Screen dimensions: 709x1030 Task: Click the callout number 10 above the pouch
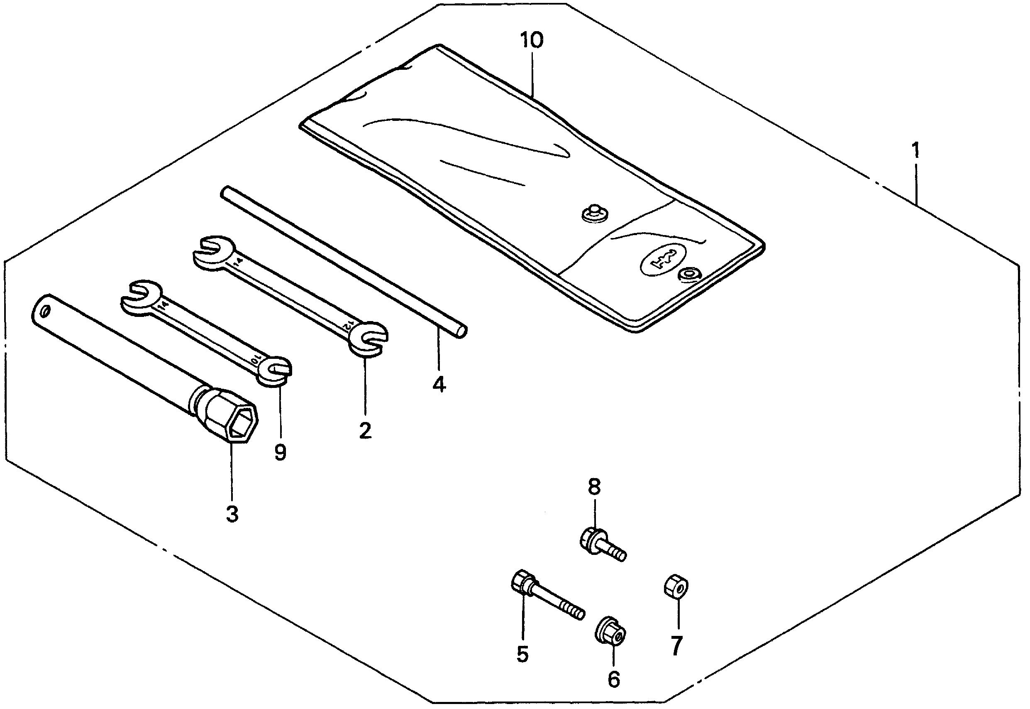[531, 41]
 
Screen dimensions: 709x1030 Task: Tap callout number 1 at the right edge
[915, 151]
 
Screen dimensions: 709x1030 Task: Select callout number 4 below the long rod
[439, 384]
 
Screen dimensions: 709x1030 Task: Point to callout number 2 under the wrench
[365, 430]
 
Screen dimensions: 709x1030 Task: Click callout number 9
[280, 452]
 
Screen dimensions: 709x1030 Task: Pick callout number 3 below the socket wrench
[232, 514]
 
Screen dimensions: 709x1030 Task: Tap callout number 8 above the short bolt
[594, 487]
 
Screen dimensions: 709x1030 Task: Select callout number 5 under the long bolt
[522, 654]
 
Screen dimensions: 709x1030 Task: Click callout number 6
[614, 679]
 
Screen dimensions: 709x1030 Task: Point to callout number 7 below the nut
[676, 645]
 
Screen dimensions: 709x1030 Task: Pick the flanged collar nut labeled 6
[611, 631]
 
